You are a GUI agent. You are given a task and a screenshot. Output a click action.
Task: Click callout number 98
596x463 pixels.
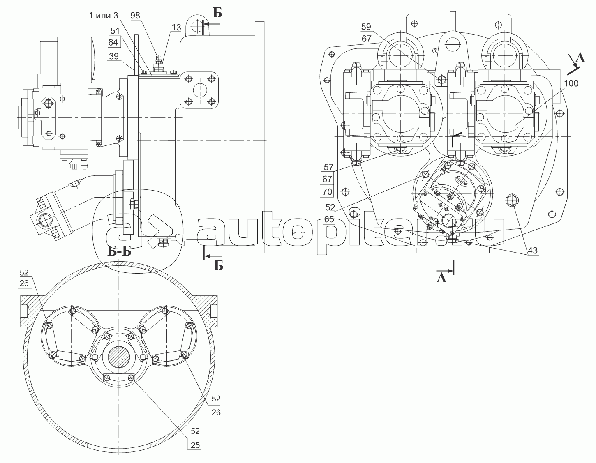click(x=135, y=16)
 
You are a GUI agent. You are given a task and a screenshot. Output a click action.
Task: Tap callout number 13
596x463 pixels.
click(x=177, y=28)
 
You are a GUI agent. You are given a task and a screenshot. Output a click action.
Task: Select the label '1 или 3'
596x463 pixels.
click(x=103, y=16)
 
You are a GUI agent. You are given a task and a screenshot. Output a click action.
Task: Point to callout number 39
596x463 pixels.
click(x=113, y=56)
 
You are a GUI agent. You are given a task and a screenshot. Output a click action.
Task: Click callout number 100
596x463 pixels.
click(x=571, y=83)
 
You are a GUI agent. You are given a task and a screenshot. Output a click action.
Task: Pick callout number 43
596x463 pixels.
click(x=533, y=250)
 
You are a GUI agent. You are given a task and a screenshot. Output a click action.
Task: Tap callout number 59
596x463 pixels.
click(x=366, y=27)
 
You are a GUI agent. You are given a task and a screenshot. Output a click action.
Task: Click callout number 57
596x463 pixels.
click(x=328, y=167)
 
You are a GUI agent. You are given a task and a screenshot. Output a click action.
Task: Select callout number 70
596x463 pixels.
click(x=327, y=191)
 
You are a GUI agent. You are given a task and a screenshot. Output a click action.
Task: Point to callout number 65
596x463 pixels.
click(x=329, y=219)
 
